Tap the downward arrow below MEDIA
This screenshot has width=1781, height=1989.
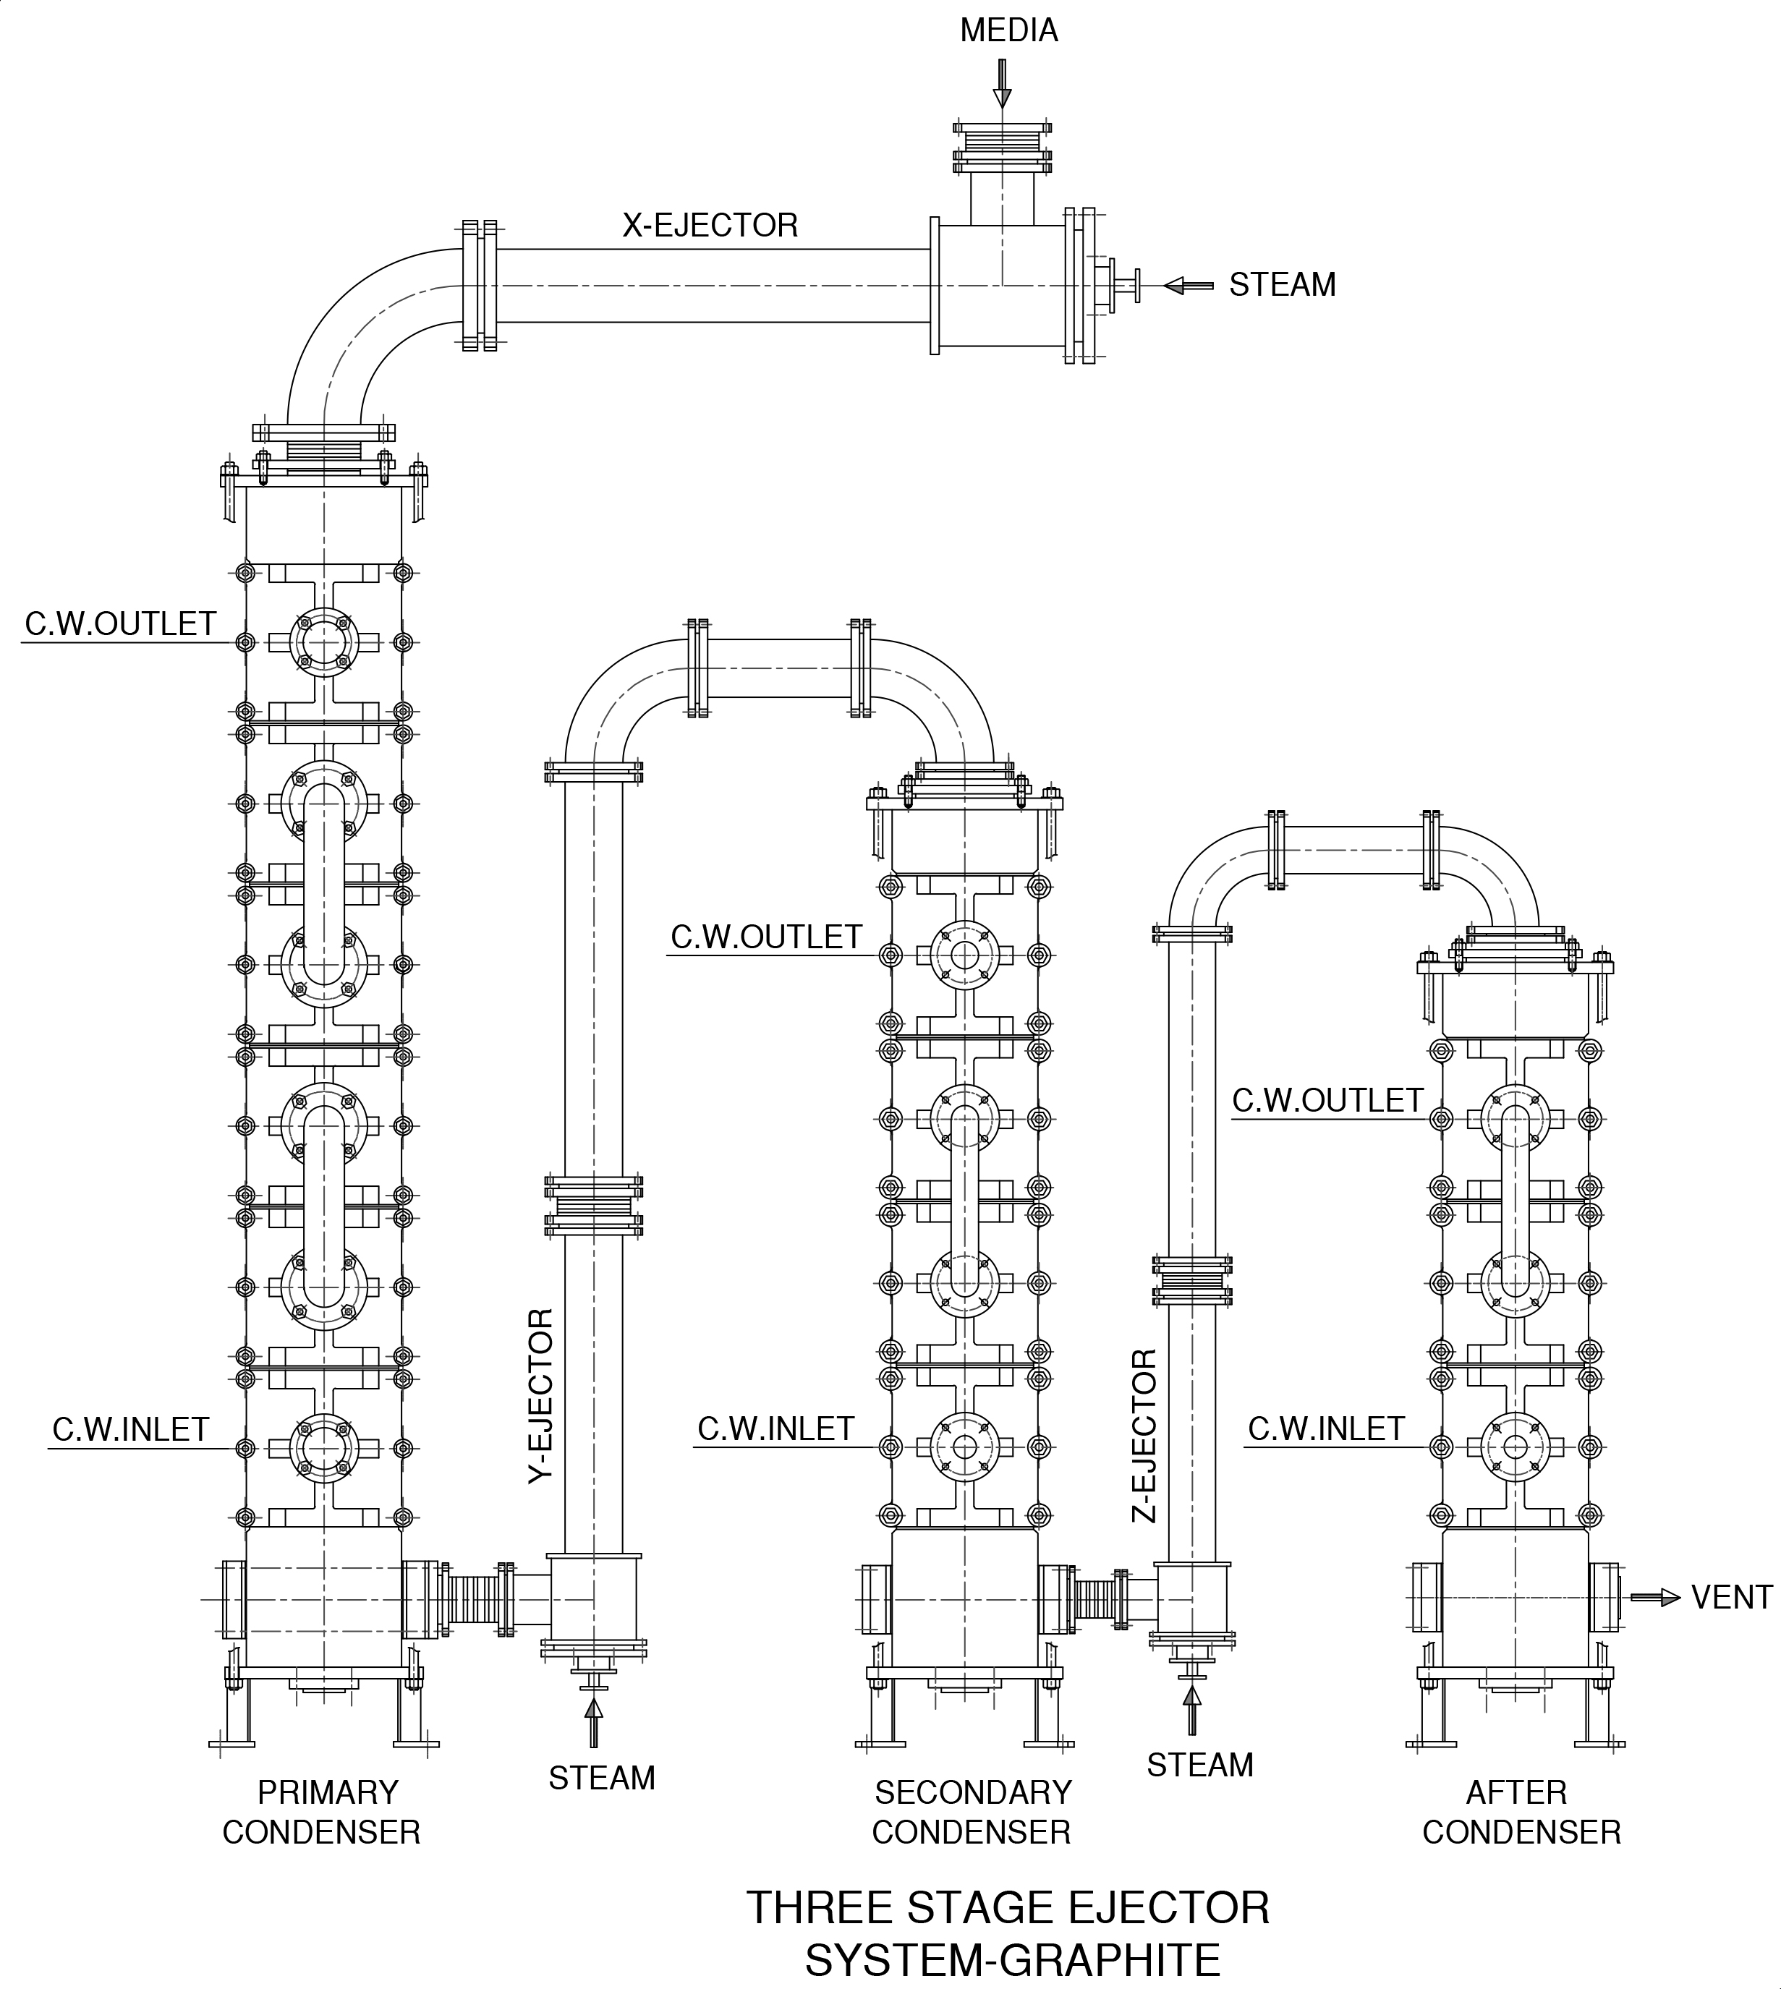tap(1001, 84)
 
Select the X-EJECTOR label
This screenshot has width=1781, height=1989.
tap(710, 226)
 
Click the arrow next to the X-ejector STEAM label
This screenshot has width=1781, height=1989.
tap(1188, 286)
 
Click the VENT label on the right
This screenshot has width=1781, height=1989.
tap(1731, 1597)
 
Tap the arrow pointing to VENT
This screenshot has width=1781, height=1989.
tap(1654, 1597)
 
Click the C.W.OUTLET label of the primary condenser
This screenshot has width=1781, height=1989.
tap(120, 624)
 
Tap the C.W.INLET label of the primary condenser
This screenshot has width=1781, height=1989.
tap(130, 1429)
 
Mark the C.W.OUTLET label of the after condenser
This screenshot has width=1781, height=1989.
tap(1327, 1101)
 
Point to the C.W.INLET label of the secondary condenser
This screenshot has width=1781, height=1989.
tap(775, 1429)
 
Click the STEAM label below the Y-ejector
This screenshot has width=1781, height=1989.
tap(602, 1778)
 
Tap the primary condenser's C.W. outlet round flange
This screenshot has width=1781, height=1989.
tap(323, 643)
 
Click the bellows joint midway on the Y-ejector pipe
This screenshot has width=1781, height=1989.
tap(593, 1207)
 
